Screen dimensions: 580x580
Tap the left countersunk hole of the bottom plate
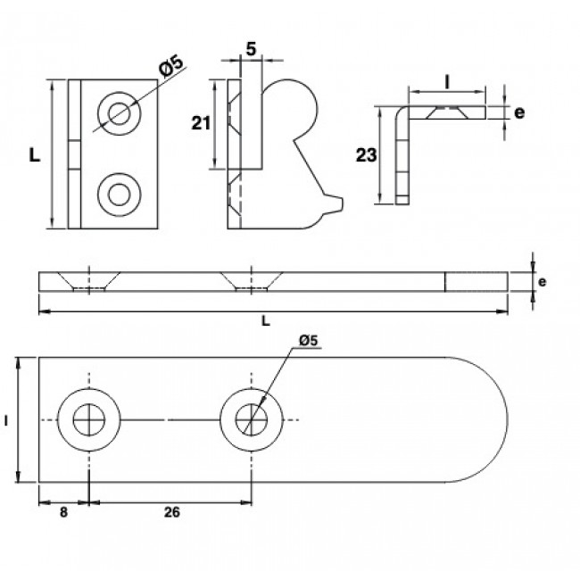[x=89, y=419]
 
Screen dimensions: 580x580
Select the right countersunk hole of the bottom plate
[x=253, y=419]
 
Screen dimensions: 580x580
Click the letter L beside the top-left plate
[x=35, y=154]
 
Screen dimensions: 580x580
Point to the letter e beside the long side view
[x=542, y=281]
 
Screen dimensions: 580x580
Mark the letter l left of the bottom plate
[x=7, y=418]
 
